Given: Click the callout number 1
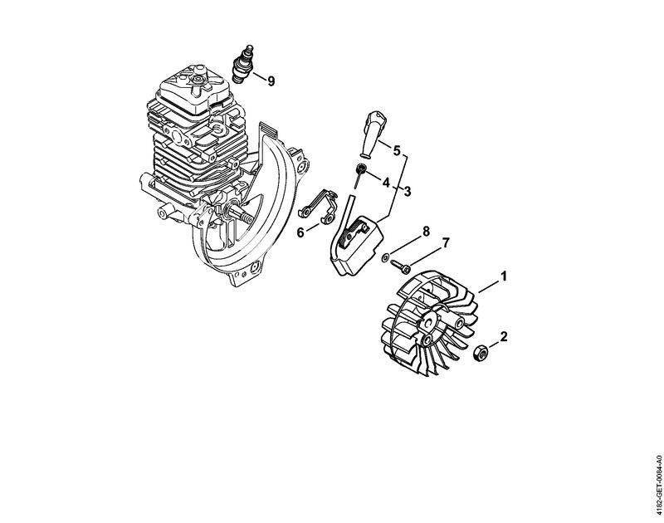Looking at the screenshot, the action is point(504,276).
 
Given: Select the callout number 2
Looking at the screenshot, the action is point(504,337).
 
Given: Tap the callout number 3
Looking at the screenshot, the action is point(407,192).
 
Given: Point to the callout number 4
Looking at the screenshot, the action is point(386,183).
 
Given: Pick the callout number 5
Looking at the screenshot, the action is point(397,150).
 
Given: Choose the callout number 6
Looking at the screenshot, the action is point(300,232).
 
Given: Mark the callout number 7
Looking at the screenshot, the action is point(445,242).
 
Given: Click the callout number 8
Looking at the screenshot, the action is point(426,232).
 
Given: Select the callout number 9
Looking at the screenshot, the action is point(271,81).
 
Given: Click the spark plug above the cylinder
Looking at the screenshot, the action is point(244,65).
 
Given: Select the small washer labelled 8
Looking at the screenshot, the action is point(385,257).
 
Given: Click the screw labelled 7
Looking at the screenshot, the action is point(401,266).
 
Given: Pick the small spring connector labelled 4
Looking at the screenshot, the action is point(359,174).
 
